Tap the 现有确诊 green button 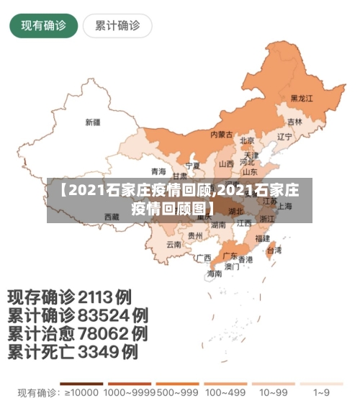43,27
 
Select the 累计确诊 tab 117,27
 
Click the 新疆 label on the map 93,122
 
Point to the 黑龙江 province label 302,98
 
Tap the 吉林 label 294,122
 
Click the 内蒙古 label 221,135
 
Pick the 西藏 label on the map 111,216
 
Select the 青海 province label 158,171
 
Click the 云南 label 174,244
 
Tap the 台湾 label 274,251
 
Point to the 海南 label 215,274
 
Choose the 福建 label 262,238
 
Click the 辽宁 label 284,136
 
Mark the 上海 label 284,206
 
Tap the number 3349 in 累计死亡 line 94,352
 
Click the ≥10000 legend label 82,393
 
